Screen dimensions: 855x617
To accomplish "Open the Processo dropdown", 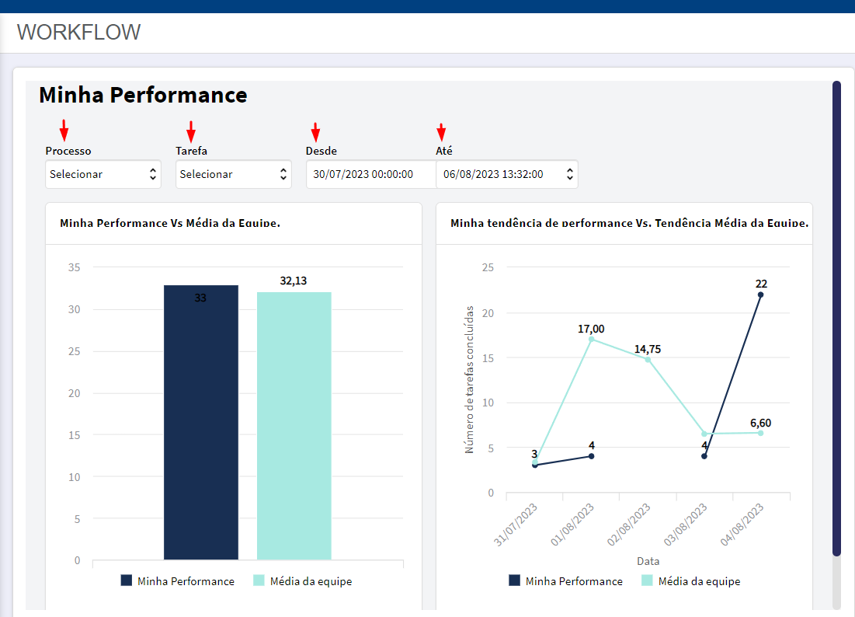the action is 103,174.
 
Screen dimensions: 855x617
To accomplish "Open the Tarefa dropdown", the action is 234,174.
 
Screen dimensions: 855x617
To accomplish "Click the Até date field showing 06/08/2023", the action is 507,174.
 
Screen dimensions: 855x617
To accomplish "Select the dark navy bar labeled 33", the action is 201,422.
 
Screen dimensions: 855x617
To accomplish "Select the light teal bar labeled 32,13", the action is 294,426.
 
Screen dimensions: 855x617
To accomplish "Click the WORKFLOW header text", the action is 78,32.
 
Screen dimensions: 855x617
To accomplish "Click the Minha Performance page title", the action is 143,95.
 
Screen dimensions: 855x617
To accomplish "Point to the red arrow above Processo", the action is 64,131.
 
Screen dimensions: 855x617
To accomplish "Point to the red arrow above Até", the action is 441,133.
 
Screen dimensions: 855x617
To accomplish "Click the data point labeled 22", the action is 761,295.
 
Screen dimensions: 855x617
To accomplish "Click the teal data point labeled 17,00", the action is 591,340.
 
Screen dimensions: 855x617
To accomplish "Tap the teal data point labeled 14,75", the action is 648,360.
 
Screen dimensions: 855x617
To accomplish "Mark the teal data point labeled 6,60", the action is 761,433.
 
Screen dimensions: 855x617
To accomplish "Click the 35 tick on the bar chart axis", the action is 74,267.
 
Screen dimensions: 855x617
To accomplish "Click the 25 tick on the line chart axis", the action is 488,267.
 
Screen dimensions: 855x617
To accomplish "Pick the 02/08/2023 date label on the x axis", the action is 629,525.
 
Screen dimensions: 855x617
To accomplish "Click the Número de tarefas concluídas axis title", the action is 469,379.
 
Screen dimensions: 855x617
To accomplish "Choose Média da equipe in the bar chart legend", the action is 303,581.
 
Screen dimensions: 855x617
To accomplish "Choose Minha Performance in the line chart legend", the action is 565,581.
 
